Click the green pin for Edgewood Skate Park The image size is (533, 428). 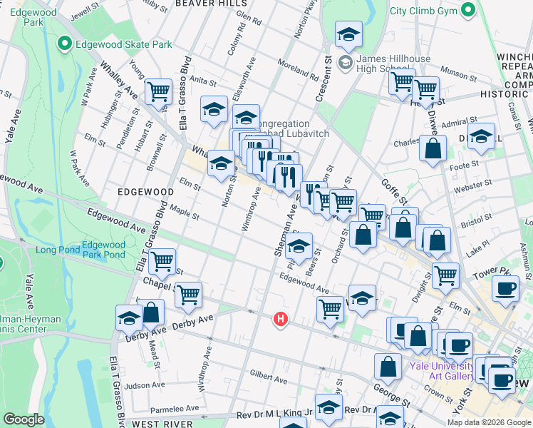coord(64,44)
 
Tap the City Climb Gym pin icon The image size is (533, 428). coord(467,10)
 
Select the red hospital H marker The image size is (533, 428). coord(281,318)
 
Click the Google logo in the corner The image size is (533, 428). coord(24,419)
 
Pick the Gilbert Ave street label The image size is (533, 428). coord(268,374)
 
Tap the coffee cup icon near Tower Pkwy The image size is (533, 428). coord(506,289)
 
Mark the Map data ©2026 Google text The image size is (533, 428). coord(489,422)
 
